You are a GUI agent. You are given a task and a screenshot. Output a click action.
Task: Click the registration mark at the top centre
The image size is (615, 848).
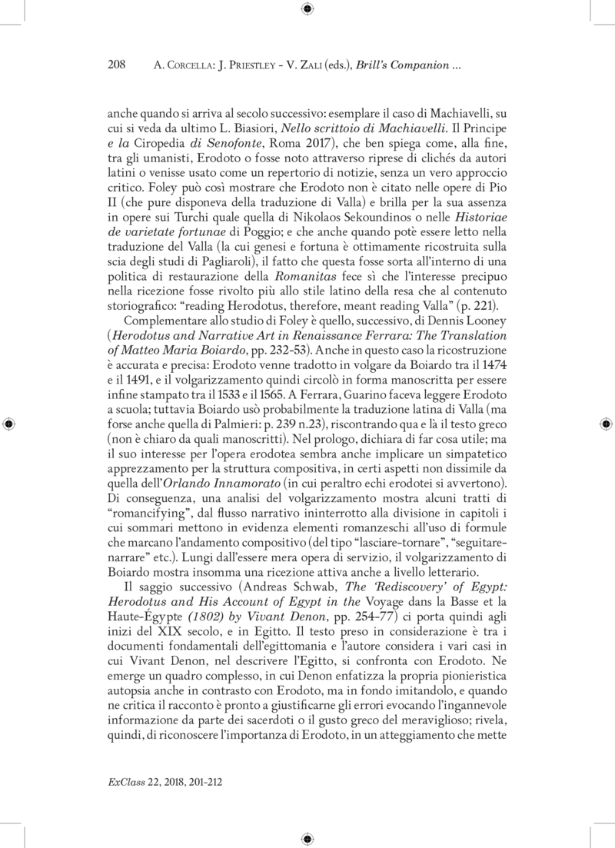click(x=307, y=9)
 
